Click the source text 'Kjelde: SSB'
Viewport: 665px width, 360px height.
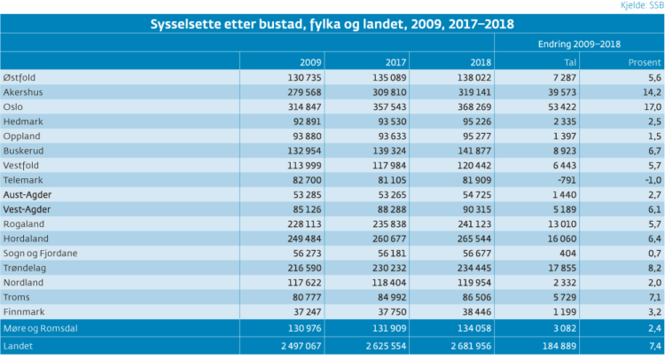642,5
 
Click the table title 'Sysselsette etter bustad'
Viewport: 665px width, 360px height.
226,24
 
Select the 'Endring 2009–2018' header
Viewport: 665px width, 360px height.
579,44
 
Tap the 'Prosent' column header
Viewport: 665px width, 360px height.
645,63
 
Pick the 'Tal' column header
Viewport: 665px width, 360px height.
570,63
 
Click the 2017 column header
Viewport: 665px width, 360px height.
395,63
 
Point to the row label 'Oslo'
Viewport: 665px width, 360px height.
13,107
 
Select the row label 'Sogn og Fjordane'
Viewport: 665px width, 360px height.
40,254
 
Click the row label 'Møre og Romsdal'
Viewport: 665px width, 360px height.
40,328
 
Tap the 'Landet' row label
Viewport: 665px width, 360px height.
18,346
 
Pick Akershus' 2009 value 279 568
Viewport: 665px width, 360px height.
304,92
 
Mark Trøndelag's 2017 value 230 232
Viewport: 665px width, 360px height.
389,268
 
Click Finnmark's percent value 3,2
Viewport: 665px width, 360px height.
655,312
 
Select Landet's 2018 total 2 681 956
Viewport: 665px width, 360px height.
471,346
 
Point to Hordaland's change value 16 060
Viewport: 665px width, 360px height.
561,239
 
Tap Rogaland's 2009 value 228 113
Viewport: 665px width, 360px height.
304,224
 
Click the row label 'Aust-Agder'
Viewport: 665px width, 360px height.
27,195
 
